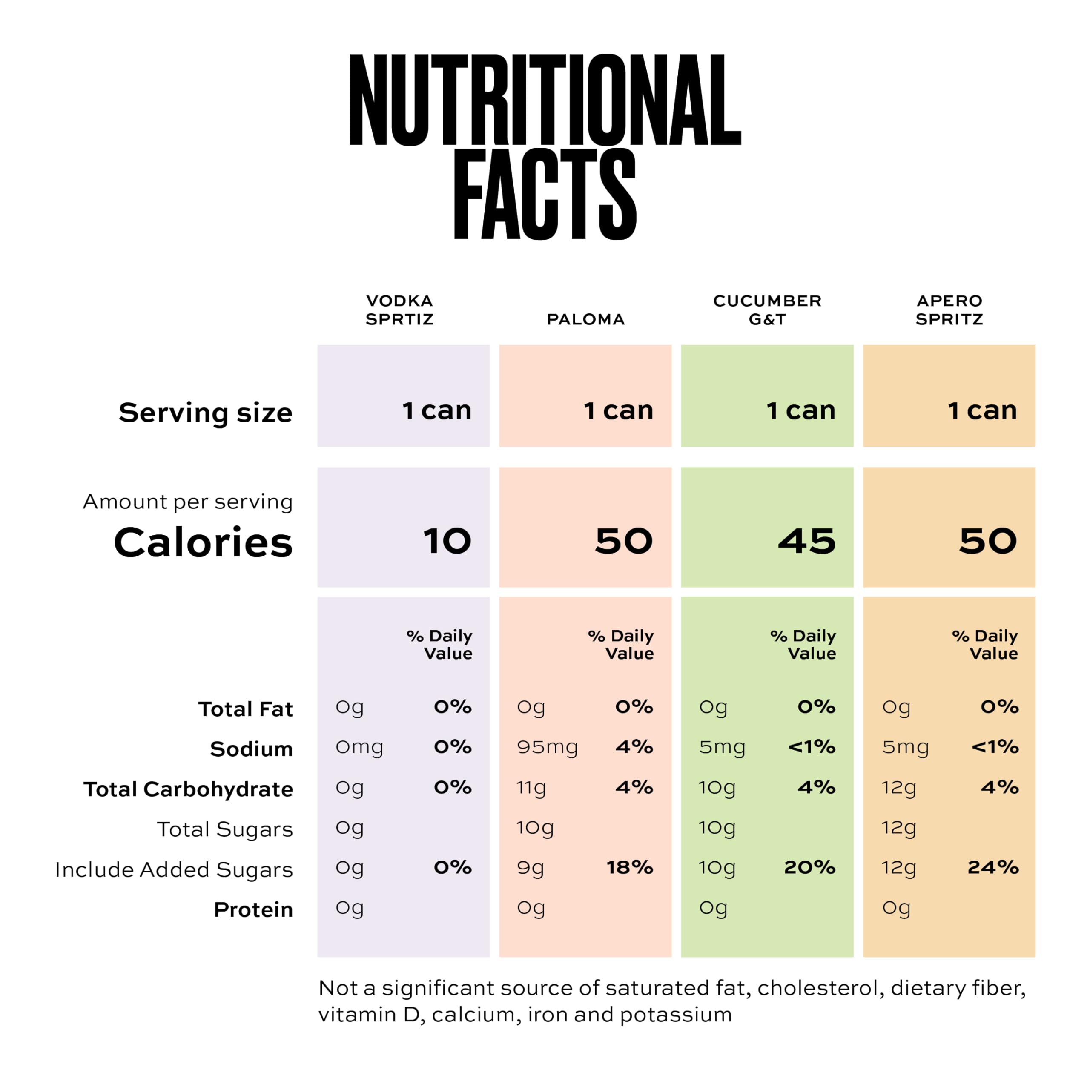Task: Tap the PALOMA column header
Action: pyautogui.click(x=585, y=319)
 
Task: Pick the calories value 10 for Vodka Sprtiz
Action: pyautogui.click(x=447, y=541)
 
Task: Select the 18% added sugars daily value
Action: pyautogui.click(x=630, y=867)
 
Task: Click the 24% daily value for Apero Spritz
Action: pyautogui.click(x=993, y=867)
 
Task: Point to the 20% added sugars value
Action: pyautogui.click(x=809, y=867)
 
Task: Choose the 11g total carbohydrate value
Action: pyautogui.click(x=531, y=788)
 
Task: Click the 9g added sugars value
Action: pyautogui.click(x=531, y=868)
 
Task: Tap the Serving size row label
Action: pyautogui.click(x=205, y=413)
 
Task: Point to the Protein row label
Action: pyautogui.click(x=253, y=909)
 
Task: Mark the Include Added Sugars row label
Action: pyautogui.click(x=174, y=869)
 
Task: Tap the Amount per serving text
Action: pyautogui.click(x=188, y=502)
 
